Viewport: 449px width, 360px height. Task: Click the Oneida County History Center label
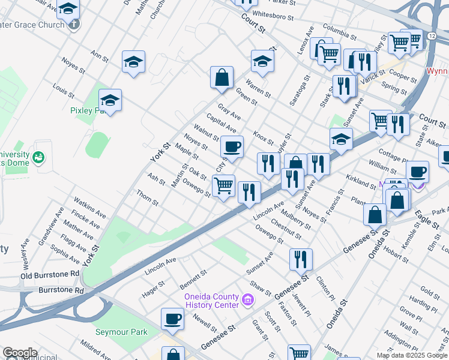[x=210, y=301]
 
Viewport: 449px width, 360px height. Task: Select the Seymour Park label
[x=121, y=332]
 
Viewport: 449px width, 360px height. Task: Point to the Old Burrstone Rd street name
[x=50, y=275]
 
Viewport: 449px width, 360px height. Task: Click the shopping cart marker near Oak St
[x=224, y=185]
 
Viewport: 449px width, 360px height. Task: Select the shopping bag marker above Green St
[x=221, y=77]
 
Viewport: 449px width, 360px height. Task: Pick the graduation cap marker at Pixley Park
[x=110, y=100]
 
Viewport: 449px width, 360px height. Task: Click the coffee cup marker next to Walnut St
[x=232, y=146]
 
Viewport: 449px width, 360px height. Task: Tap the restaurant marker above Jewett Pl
[x=301, y=259]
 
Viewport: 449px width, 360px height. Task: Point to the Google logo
[x=20, y=353]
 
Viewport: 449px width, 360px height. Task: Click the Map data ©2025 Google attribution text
[x=412, y=355]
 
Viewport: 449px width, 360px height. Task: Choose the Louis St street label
[x=63, y=91]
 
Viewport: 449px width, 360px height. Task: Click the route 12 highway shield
[x=432, y=37]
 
